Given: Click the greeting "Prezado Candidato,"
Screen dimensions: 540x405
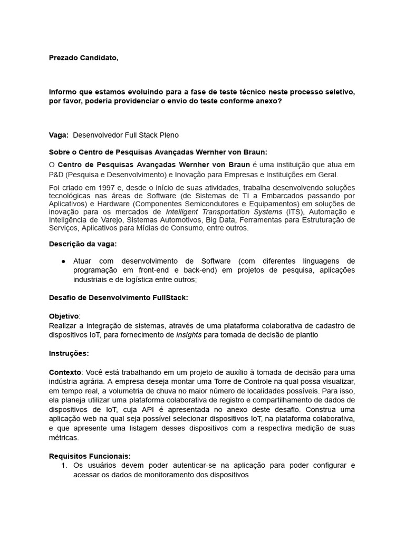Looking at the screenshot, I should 83,58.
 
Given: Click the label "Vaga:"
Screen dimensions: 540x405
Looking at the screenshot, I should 59,135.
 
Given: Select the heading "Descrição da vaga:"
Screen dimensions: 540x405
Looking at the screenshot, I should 83,244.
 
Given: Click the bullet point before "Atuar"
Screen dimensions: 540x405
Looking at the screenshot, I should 63,261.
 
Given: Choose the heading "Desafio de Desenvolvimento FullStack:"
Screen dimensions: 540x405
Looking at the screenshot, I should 118,297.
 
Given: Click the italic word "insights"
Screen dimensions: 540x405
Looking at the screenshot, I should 189,335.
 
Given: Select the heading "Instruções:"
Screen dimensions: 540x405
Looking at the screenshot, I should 69,353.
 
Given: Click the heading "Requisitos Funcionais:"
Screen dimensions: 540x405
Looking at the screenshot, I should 90,456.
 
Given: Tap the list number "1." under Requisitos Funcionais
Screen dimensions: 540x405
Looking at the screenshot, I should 64,465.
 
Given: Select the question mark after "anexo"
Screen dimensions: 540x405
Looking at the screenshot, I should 279,101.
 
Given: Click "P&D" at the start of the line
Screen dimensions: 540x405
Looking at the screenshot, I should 57,175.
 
